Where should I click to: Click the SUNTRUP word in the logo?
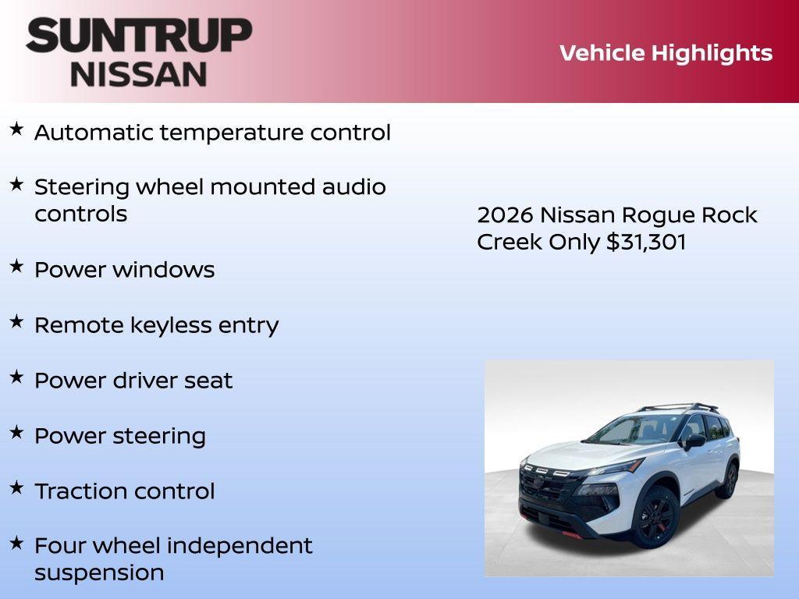[139, 35]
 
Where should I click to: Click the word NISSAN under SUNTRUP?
[139, 74]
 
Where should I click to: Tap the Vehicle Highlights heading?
[666, 53]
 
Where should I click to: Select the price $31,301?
[646, 242]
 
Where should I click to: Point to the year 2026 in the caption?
[505, 215]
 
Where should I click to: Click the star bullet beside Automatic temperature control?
[16, 129]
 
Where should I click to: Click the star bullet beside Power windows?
[16, 267]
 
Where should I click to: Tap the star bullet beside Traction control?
[16, 488]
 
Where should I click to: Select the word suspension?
[99, 572]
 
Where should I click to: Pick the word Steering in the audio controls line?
[82, 188]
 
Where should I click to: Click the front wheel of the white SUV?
[656, 516]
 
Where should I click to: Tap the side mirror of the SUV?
[694, 441]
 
